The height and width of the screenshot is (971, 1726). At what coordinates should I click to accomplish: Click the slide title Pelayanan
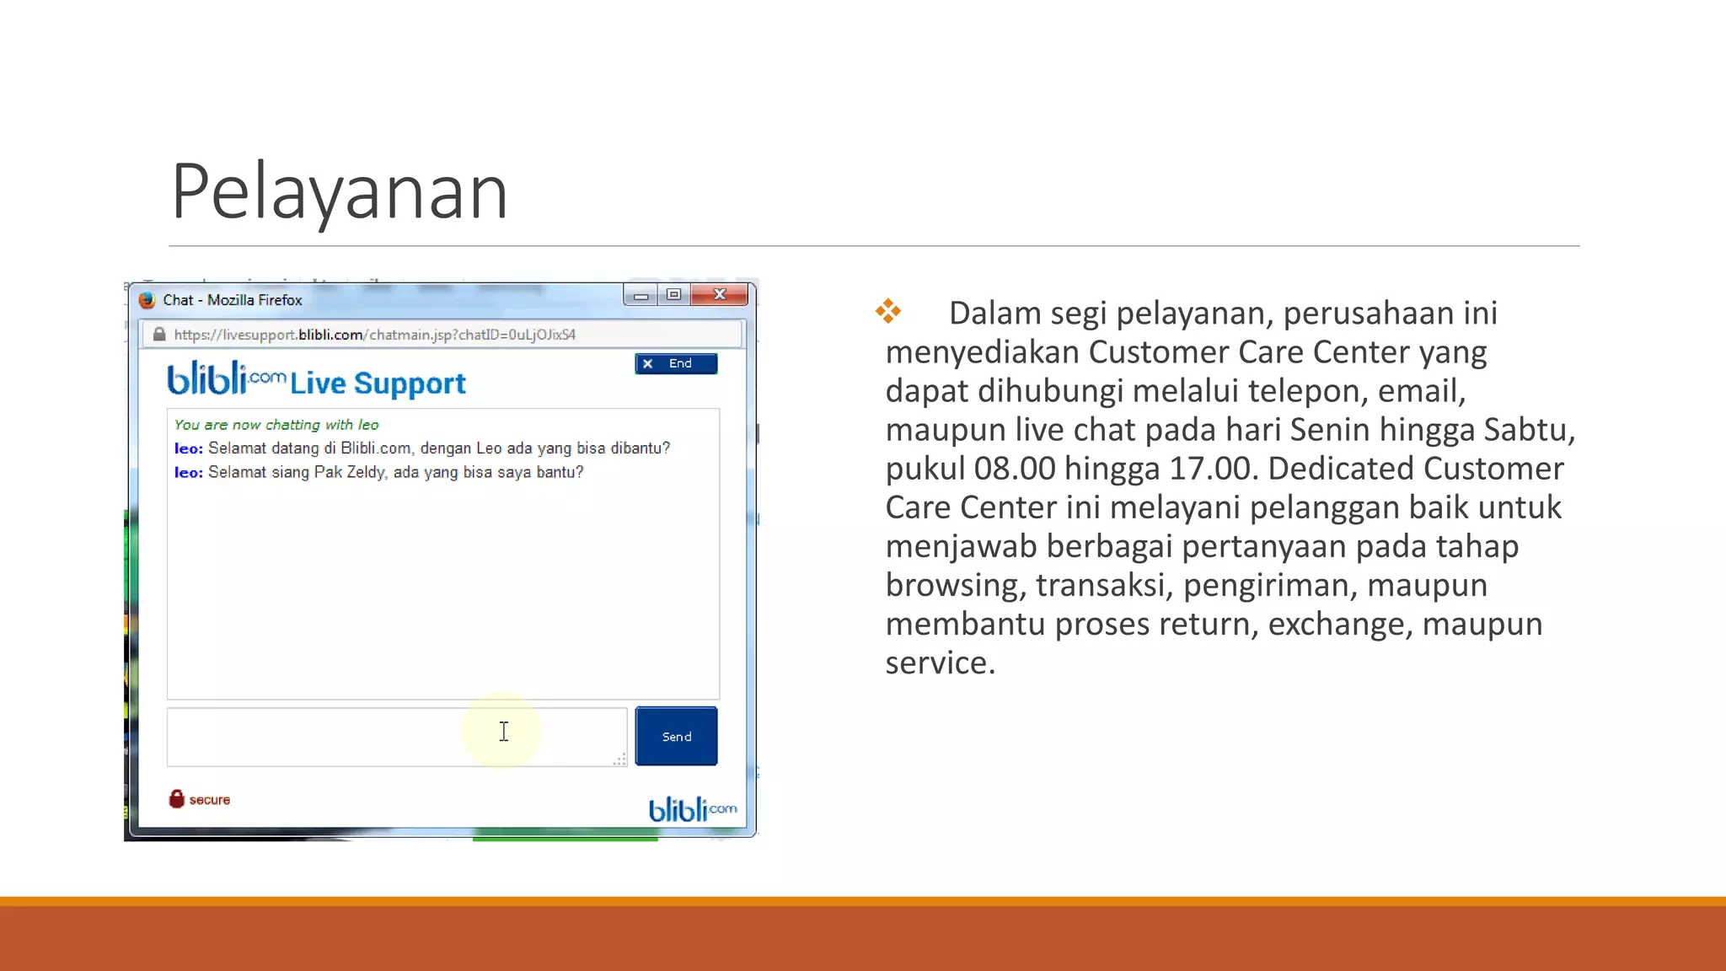point(340,192)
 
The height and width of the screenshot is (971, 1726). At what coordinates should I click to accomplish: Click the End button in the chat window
point(676,363)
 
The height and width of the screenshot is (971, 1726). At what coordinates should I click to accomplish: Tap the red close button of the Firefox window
point(719,294)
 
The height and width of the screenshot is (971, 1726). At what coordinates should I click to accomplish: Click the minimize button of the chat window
point(641,295)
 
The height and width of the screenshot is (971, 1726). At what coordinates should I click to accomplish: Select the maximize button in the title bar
point(673,294)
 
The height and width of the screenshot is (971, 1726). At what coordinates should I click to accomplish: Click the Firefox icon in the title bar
point(147,300)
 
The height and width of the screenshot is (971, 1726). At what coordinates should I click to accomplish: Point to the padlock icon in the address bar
point(159,335)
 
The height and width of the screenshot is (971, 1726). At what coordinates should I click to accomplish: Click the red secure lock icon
point(177,799)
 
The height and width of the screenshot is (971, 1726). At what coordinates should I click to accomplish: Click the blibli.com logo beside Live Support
point(226,379)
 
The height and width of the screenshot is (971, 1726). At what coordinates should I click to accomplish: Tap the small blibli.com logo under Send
point(692,809)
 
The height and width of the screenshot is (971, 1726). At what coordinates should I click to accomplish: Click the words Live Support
point(378,384)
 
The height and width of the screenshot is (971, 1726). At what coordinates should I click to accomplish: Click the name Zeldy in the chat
point(366,472)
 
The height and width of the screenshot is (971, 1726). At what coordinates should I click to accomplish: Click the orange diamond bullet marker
point(888,311)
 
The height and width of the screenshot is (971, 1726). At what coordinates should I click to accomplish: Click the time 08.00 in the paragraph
point(1015,469)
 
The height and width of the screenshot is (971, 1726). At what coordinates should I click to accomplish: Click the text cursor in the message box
point(504,732)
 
